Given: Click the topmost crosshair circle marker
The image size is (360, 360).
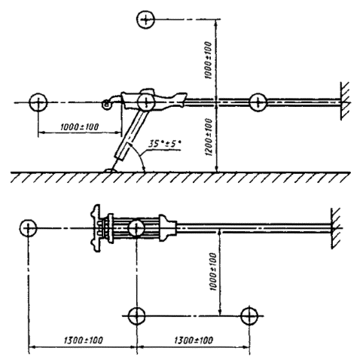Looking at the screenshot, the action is (145, 20).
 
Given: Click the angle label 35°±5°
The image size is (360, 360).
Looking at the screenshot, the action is (164, 144).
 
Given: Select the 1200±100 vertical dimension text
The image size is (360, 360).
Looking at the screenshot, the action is (209, 137).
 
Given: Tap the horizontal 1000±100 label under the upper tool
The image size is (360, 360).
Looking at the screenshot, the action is (80, 127).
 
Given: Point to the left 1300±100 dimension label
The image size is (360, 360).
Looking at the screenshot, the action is (84, 340).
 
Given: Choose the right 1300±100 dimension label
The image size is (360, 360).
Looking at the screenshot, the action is (194, 340).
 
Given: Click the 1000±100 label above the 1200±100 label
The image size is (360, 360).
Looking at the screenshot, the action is (209, 60).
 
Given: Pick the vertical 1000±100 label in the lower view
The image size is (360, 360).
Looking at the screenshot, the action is (213, 272).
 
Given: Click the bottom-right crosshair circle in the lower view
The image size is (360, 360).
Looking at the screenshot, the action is (249, 316).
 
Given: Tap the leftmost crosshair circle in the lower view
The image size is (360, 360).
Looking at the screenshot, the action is (28, 228).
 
